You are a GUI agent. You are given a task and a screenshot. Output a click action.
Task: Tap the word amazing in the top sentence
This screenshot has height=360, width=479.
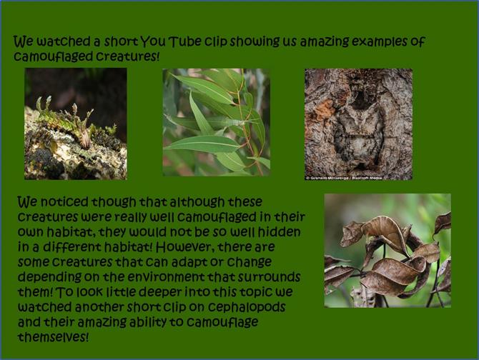pyautogui.click(x=324, y=42)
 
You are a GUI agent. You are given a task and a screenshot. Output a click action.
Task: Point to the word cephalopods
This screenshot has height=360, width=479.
pyautogui.click(x=247, y=307)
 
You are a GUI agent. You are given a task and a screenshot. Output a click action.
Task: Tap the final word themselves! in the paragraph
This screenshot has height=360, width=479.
pyautogui.click(x=53, y=337)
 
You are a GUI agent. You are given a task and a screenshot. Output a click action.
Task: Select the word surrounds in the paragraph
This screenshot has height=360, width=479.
pyautogui.click(x=269, y=277)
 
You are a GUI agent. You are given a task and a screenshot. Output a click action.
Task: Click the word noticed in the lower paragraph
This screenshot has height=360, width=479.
pyautogui.click(x=64, y=201)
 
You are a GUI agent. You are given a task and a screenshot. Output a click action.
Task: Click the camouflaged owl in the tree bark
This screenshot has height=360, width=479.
pyautogui.click(x=358, y=132)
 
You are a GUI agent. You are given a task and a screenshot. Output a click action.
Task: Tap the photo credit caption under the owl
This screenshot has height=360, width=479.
pyautogui.click(x=344, y=178)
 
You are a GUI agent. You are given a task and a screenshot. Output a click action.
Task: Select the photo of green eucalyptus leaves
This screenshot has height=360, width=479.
pyautogui.click(x=217, y=122)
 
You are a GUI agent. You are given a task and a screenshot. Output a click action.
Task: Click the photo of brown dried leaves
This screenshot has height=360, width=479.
pyautogui.click(x=387, y=251)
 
